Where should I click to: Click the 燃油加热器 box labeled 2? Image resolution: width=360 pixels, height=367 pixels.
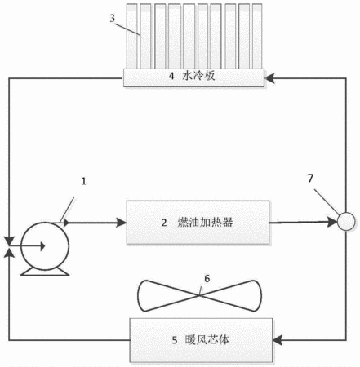coord(198,222)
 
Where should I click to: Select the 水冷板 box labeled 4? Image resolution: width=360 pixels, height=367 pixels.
coord(193,77)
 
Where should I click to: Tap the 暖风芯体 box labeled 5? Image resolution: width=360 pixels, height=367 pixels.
coord(201,340)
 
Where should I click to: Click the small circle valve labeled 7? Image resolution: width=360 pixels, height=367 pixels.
coord(346,222)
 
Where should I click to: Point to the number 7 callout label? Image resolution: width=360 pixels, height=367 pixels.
coord(310,179)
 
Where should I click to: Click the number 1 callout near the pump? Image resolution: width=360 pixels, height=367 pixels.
coord(84,181)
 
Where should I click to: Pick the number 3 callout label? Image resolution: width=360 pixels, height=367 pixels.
coord(113,18)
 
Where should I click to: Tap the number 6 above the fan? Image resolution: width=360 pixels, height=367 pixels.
coord(207,278)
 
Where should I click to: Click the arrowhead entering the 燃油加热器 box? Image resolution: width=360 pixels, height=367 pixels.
coord(122,223)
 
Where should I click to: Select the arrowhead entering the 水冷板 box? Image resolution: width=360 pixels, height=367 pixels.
coord(269,78)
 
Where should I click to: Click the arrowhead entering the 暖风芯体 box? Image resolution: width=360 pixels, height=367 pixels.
coord(278,340)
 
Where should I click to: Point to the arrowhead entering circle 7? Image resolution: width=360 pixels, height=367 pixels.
coord(332,222)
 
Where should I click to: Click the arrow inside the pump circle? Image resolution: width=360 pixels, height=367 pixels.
coord(27,246)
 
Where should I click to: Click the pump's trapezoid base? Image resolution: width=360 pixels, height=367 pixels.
coord(45,272)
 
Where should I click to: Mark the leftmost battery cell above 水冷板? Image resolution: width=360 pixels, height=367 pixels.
coord(131,36)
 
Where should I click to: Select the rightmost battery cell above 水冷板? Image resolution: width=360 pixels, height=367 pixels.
coord(257,36)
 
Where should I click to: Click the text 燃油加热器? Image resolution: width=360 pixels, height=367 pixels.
coord(205,223)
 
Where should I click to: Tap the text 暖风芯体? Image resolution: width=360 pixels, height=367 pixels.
coord(207,340)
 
